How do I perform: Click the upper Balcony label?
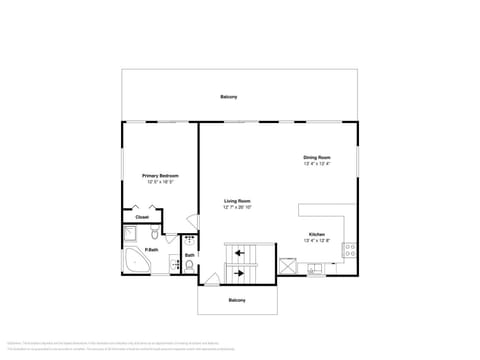click(x=229, y=96)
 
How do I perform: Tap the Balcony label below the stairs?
click(x=237, y=300)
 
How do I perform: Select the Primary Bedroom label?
click(x=160, y=176)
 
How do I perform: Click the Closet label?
click(x=142, y=216)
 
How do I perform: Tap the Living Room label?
click(x=237, y=201)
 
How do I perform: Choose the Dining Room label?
click(x=317, y=157)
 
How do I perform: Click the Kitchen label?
click(x=316, y=234)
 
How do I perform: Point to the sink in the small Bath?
click(x=188, y=240)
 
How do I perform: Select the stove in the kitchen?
click(x=349, y=250)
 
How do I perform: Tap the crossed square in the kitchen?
click(x=288, y=265)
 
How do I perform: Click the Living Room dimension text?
click(x=237, y=207)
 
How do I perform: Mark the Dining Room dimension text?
click(x=317, y=163)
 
